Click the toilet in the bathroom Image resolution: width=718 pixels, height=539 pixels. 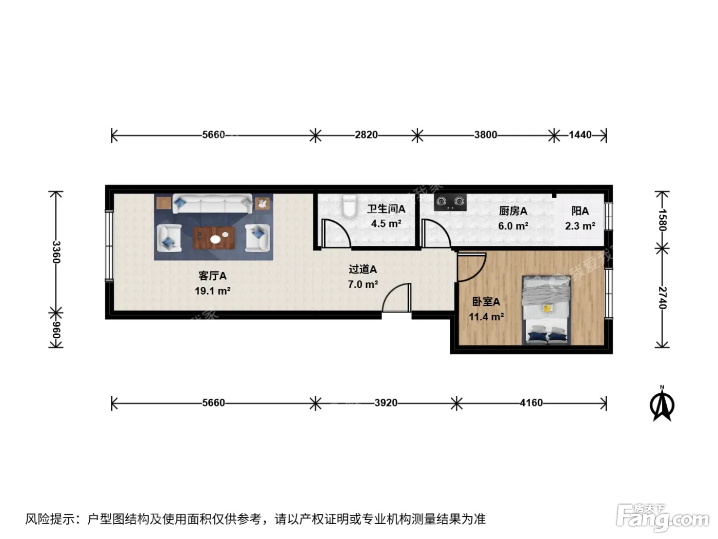click(x=349, y=206)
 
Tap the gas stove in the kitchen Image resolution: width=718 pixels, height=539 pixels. click(x=450, y=203)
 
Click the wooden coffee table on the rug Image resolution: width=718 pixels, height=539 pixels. click(x=214, y=238)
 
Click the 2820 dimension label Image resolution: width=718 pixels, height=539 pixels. click(x=366, y=135)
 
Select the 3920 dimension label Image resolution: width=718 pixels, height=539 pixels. click(x=386, y=402)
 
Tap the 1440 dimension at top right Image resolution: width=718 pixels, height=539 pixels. click(x=580, y=135)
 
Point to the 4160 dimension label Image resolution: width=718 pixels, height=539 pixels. click(x=531, y=402)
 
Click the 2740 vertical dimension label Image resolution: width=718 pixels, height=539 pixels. click(x=663, y=298)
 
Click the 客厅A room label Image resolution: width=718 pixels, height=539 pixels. click(x=212, y=276)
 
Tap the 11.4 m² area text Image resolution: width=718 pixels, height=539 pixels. click(x=486, y=317)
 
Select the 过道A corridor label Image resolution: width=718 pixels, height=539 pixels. click(x=363, y=269)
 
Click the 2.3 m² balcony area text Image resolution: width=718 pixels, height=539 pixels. click(x=580, y=226)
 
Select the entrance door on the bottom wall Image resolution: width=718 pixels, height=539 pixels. click(x=396, y=298)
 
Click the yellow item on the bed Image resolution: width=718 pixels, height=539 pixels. click(x=547, y=309)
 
